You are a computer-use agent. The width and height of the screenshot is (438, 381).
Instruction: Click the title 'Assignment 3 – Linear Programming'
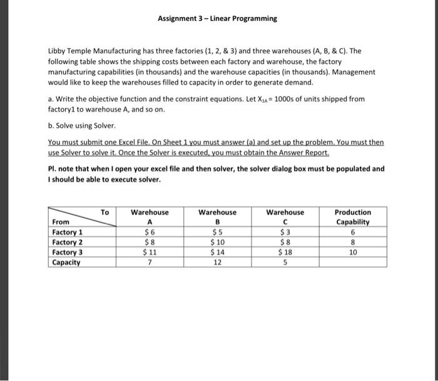[x=217, y=18]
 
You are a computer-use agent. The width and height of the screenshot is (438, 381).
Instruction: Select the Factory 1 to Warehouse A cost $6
[x=149, y=232]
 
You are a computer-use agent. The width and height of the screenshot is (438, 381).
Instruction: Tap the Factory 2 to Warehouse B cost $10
[x=217, y=242]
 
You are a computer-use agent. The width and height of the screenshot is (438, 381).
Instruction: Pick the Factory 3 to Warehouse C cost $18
[x=285, y=252]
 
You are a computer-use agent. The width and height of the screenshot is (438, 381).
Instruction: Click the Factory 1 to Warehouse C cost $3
[x=285, y=232]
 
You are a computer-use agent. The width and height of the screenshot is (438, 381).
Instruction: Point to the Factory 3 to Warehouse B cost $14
[x=217, y=252]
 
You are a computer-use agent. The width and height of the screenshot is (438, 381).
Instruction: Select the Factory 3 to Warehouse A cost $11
[x=149, y=252]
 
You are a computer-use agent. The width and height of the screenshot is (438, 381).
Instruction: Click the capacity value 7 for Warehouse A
[x=149, y=262]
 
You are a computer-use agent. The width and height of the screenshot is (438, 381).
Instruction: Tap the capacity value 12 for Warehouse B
[x=217, y=262]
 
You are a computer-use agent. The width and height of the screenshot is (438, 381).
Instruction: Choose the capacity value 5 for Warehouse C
[x=285, y=262]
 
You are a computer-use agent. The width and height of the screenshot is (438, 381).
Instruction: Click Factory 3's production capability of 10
[x=353, y=252]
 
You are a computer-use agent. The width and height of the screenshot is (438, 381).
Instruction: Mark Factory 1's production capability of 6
[x=353, y=232]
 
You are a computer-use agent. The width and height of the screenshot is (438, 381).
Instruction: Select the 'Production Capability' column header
[x=353, y=217]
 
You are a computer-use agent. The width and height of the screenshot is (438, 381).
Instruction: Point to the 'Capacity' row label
[x=66, y=262]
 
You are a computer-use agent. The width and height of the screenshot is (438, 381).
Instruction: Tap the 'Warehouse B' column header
[x=217, y=217]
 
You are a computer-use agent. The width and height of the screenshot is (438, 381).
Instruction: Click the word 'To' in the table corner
[x=104, y=212]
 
